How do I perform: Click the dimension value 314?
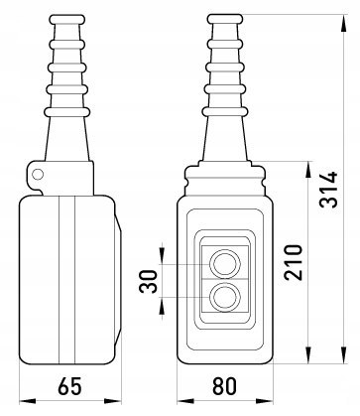pos(328,190)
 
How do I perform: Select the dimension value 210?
pos(294,262)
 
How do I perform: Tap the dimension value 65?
pos(69,386)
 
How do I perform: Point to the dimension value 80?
pos(225,386)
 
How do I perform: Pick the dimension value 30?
pos(148,281)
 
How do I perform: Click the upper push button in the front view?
pos(225,264)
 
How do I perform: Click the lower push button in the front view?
pos(225,297)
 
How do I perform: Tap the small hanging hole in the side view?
pos(38,174)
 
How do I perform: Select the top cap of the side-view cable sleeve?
pos(66,19)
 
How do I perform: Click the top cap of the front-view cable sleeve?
pos(225,19)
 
